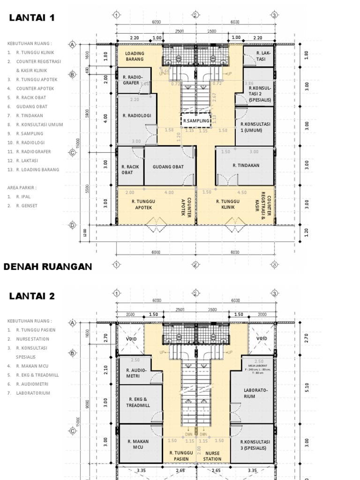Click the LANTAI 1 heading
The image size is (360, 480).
(x=31, y=18)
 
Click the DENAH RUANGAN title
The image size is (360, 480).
(x=47, y=267)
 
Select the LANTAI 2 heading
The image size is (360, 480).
(x=31, y=296)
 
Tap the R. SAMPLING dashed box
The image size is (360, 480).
(x=195, y=120)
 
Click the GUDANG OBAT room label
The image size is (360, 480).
(x=167, y=166)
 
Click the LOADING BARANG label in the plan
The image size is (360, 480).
(x=135, y=56)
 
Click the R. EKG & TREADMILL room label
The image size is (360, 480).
(x=138, y=402)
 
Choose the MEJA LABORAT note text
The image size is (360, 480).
(x=256, y=364)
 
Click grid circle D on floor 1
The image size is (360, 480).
(x=73, y=225)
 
